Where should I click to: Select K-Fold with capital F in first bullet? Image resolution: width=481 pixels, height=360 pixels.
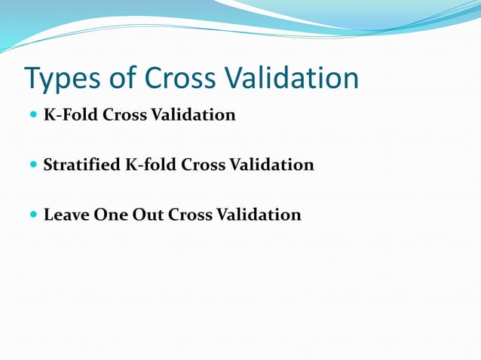click(x=68, y=115)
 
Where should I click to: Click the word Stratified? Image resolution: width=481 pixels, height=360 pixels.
click(x=81, y=165)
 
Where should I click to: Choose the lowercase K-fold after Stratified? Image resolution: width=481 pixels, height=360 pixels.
click(x=151, y=165)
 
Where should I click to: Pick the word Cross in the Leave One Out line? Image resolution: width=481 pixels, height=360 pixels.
click(x=191, y=215)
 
